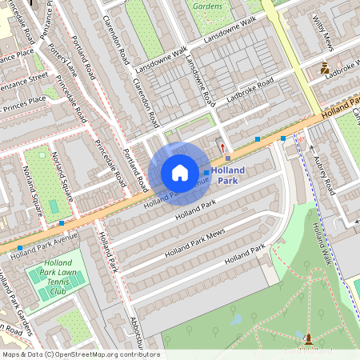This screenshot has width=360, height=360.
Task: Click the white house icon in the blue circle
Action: click(180, 173)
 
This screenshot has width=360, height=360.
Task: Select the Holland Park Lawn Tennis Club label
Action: click(60, 278)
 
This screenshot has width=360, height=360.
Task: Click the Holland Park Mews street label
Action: click(195, 243)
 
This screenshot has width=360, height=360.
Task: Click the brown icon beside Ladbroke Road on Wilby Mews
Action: click(325, 69)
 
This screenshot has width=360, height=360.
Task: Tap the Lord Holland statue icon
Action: click(309, 339)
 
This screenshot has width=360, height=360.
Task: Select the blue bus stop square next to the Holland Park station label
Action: click(206, 173)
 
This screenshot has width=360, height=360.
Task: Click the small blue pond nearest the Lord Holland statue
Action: click(237, 319)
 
